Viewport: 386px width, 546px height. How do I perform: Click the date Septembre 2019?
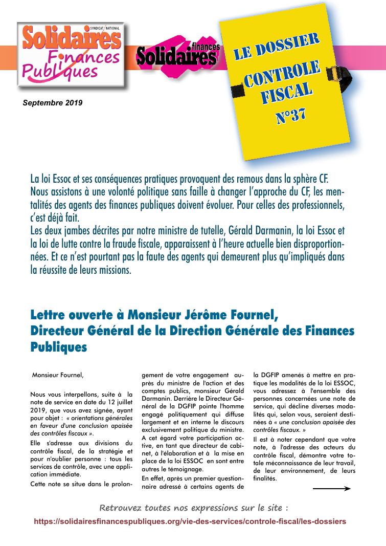(53, 103)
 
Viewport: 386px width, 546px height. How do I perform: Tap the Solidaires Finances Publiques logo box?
(72, 54)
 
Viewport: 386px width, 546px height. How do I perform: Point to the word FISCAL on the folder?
(286, 95)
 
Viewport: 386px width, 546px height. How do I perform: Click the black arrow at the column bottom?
(331, 489)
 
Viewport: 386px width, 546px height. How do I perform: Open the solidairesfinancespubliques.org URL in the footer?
(190, 521)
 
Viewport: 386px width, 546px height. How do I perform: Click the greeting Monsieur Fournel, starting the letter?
(57, 375)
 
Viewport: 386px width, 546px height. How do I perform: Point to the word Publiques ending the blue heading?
(59, 347)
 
